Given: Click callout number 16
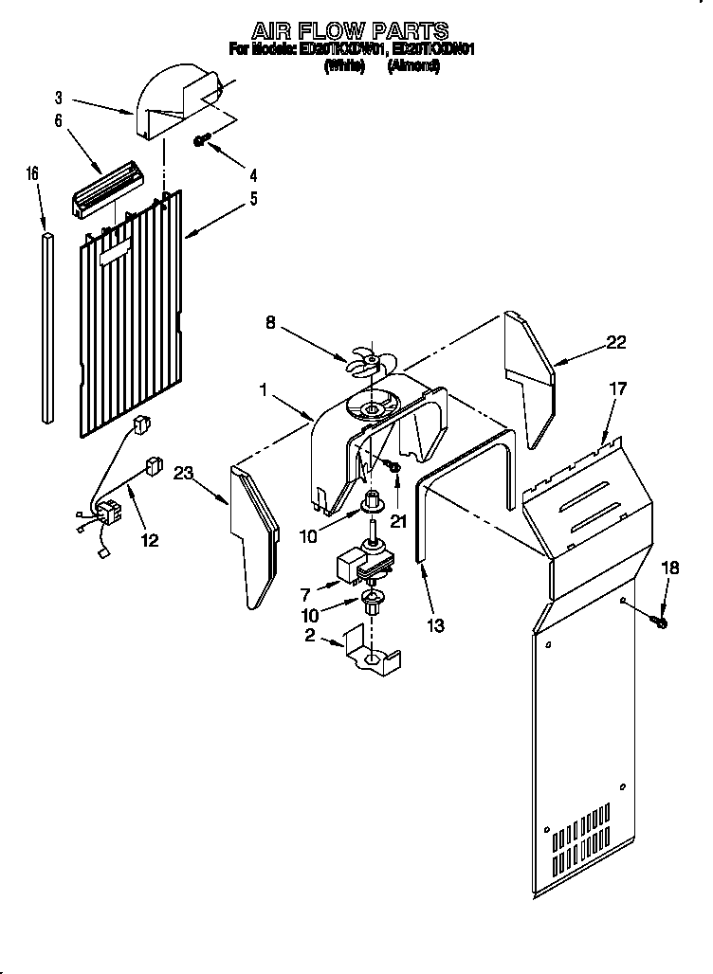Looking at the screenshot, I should [32, 173].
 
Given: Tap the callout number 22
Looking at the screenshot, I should [616, 343].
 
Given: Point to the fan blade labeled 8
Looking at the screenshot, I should [365, 361].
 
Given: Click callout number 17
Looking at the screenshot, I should [618, 388].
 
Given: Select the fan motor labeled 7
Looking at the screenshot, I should [359, 565].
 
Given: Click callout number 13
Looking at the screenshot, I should [436, 625].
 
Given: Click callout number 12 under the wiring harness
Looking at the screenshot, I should [149, 541].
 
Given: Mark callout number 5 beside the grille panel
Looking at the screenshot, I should [253, 200].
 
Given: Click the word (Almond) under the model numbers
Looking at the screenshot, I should [413, 67].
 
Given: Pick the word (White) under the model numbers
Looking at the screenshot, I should [344, 67].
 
